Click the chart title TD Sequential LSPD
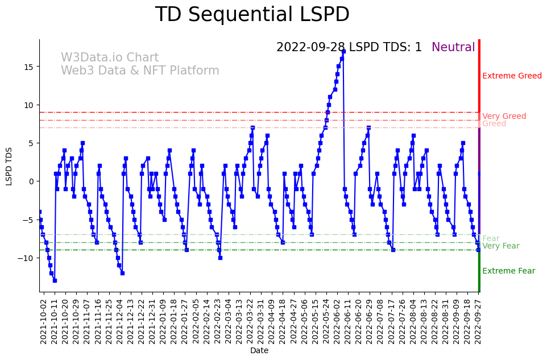click(252, 15)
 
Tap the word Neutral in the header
click(453, 47)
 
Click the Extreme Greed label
click(512, 76)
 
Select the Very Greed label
click(504, 116)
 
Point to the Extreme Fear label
click(508, 271)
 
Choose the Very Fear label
click(500, 246)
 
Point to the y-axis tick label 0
click(32, 181)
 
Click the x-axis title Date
click(259, 351)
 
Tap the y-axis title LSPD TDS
click(9, 166)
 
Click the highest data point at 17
click(343, 51)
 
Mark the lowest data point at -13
click(55, 280)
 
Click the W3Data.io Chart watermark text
click(110, 57)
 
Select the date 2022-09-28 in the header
click(310, 47)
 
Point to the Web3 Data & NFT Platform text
click(140, 71)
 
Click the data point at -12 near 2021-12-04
click(122, 273)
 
